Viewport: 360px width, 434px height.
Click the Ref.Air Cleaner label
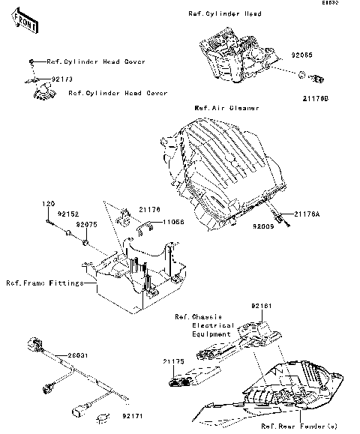226,108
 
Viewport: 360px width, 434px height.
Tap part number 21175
174,361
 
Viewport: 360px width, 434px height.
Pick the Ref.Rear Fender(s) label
292,426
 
